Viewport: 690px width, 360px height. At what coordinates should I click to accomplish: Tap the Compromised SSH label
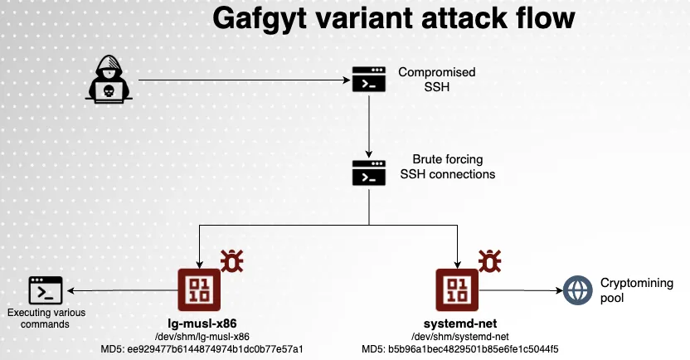pyautogui.click(x=425, y=80)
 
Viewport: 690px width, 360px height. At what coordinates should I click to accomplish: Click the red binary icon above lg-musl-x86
pyautogui.click(x=198, y=290)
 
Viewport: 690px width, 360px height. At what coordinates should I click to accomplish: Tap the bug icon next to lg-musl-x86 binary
pyautogui.click(x=232, y=261)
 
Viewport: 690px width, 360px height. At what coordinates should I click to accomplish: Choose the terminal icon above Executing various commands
pyautogui.click(x=46, y=290)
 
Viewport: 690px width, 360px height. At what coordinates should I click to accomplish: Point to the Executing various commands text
pyautogui.click(x=38, y=319)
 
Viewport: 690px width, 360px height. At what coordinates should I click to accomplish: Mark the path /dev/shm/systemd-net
pyautogui.click(x=459, y=336)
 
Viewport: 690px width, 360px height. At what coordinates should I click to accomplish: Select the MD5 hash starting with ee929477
pyautogui.click(x=218, y=348)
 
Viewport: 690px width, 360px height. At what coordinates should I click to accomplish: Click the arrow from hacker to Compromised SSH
pyautogui.click(x=241, y=80)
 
